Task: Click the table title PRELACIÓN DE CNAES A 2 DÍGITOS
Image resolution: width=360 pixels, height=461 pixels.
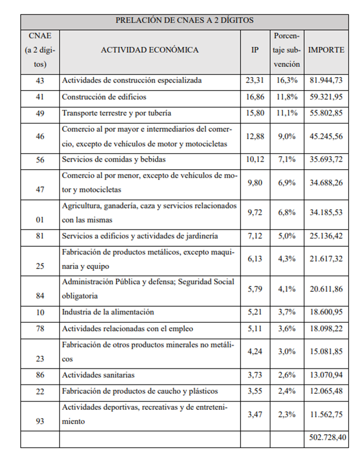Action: (x=184, y=21)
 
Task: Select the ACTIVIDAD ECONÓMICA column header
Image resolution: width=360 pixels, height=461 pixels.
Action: (x=149, y=51)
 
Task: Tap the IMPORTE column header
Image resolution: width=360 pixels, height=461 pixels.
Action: (x=326, y=51)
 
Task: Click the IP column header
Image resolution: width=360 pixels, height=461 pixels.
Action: (x=254, y=51)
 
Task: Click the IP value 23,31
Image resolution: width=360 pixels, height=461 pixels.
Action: (x=254, y=81)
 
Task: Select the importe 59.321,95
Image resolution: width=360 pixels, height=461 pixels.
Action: (x=326, y=97)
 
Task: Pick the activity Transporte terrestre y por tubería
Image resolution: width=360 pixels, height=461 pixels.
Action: (x=116, y=113)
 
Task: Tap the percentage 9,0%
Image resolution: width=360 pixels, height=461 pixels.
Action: (x=286, y=137)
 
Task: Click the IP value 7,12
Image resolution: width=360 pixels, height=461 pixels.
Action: (x=254, y=236)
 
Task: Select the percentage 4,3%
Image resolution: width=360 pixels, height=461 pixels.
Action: (x=286, y=259)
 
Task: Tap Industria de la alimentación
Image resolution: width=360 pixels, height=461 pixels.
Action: (x=108, y=313)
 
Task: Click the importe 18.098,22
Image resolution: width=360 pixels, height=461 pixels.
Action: (x=326, y=329)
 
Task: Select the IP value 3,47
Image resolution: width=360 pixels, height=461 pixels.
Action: (x=254, y=414)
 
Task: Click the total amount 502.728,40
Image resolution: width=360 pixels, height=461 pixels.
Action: (x=326, y=438)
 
